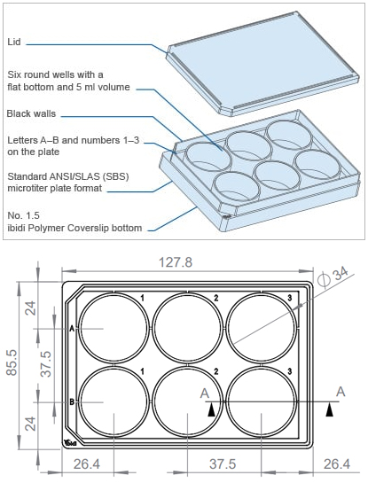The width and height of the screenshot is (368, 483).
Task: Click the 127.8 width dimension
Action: pyautogui.click(x=175, y=262)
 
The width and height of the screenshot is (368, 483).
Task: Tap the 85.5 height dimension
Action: pyautogui.click(x=12, y=362)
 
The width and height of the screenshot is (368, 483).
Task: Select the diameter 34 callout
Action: pyautogui.click(x=333, y=277)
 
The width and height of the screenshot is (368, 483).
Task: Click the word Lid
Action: pyautogui.click(x=14, y=42)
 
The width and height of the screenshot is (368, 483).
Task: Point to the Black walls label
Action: pyautogui.click(x=31, y=113)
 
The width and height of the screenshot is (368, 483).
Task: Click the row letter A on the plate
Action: pyautogui.click(x=72, y=329)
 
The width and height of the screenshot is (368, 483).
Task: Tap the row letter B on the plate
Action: pyautogui.click(x=72, y=402)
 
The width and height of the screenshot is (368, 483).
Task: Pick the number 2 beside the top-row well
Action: pyautogui.click(x=216, y=298)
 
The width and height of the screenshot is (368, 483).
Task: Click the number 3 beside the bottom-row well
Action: pyautogui.click(x=289, y=371)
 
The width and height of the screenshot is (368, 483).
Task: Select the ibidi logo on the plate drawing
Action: pyautogui.click(x=71, y=443)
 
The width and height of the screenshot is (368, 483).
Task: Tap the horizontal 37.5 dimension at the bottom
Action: pyautogui.click(x=223, y=464)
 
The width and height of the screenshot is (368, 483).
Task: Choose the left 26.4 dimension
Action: pyautogui.click(x=87, y=464)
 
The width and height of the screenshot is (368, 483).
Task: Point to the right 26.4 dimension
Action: pyautogui.click(x=337, y=464)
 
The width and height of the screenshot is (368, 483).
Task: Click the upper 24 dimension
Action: pyautogui.click(x=30, y=308)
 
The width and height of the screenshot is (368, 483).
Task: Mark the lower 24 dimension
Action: pyautogui.click(x=30, y=424)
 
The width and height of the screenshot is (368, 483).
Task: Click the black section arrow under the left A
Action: pyautogui.click(x=211, y=410)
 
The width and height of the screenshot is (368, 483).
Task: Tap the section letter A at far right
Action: pyautogui.click(x=341, y=392)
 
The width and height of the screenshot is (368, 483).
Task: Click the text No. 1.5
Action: pyautogui.click(x=23, y=215)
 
